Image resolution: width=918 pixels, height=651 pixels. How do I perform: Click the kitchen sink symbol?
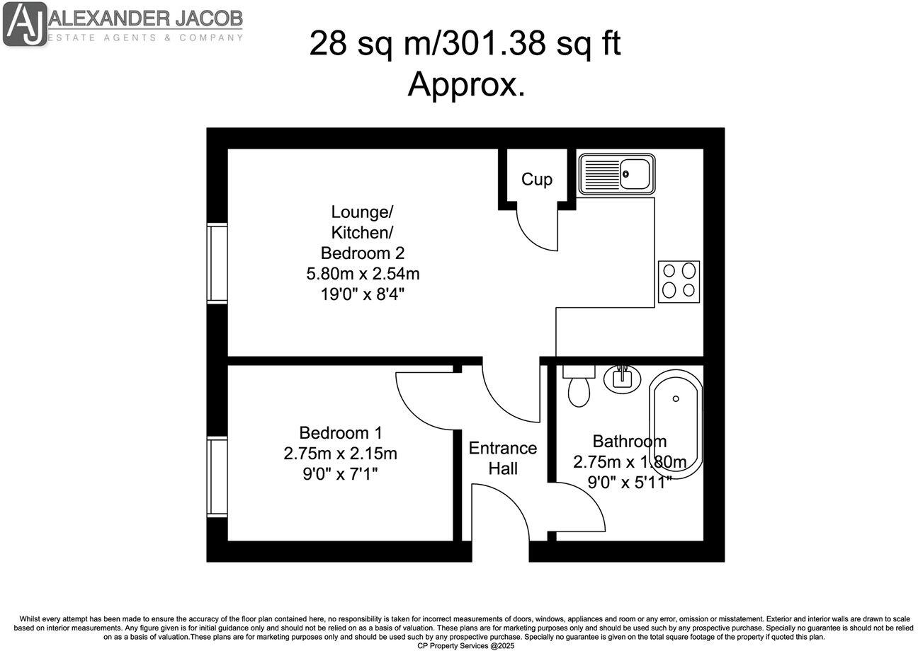pyautogui.click(x=616, y=175)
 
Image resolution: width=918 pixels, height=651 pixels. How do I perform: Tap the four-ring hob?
pyautogui.click(x=679, y=282)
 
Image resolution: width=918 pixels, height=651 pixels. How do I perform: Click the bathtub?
pyautogui.click(x=676, y=422)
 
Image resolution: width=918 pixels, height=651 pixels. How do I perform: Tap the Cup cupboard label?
pyautogui.click(x=536, y=180)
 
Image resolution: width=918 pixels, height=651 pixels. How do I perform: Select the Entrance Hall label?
pyautogui.click(x=502, y=458)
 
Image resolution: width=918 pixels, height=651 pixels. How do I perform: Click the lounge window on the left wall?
pyautogui.click(x=217, y=263)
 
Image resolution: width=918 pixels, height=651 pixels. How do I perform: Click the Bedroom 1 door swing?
pyautogui.click(x=421, y=400)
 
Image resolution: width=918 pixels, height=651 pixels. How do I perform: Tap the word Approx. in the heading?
pyautogui.click(x=466, y=86)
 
